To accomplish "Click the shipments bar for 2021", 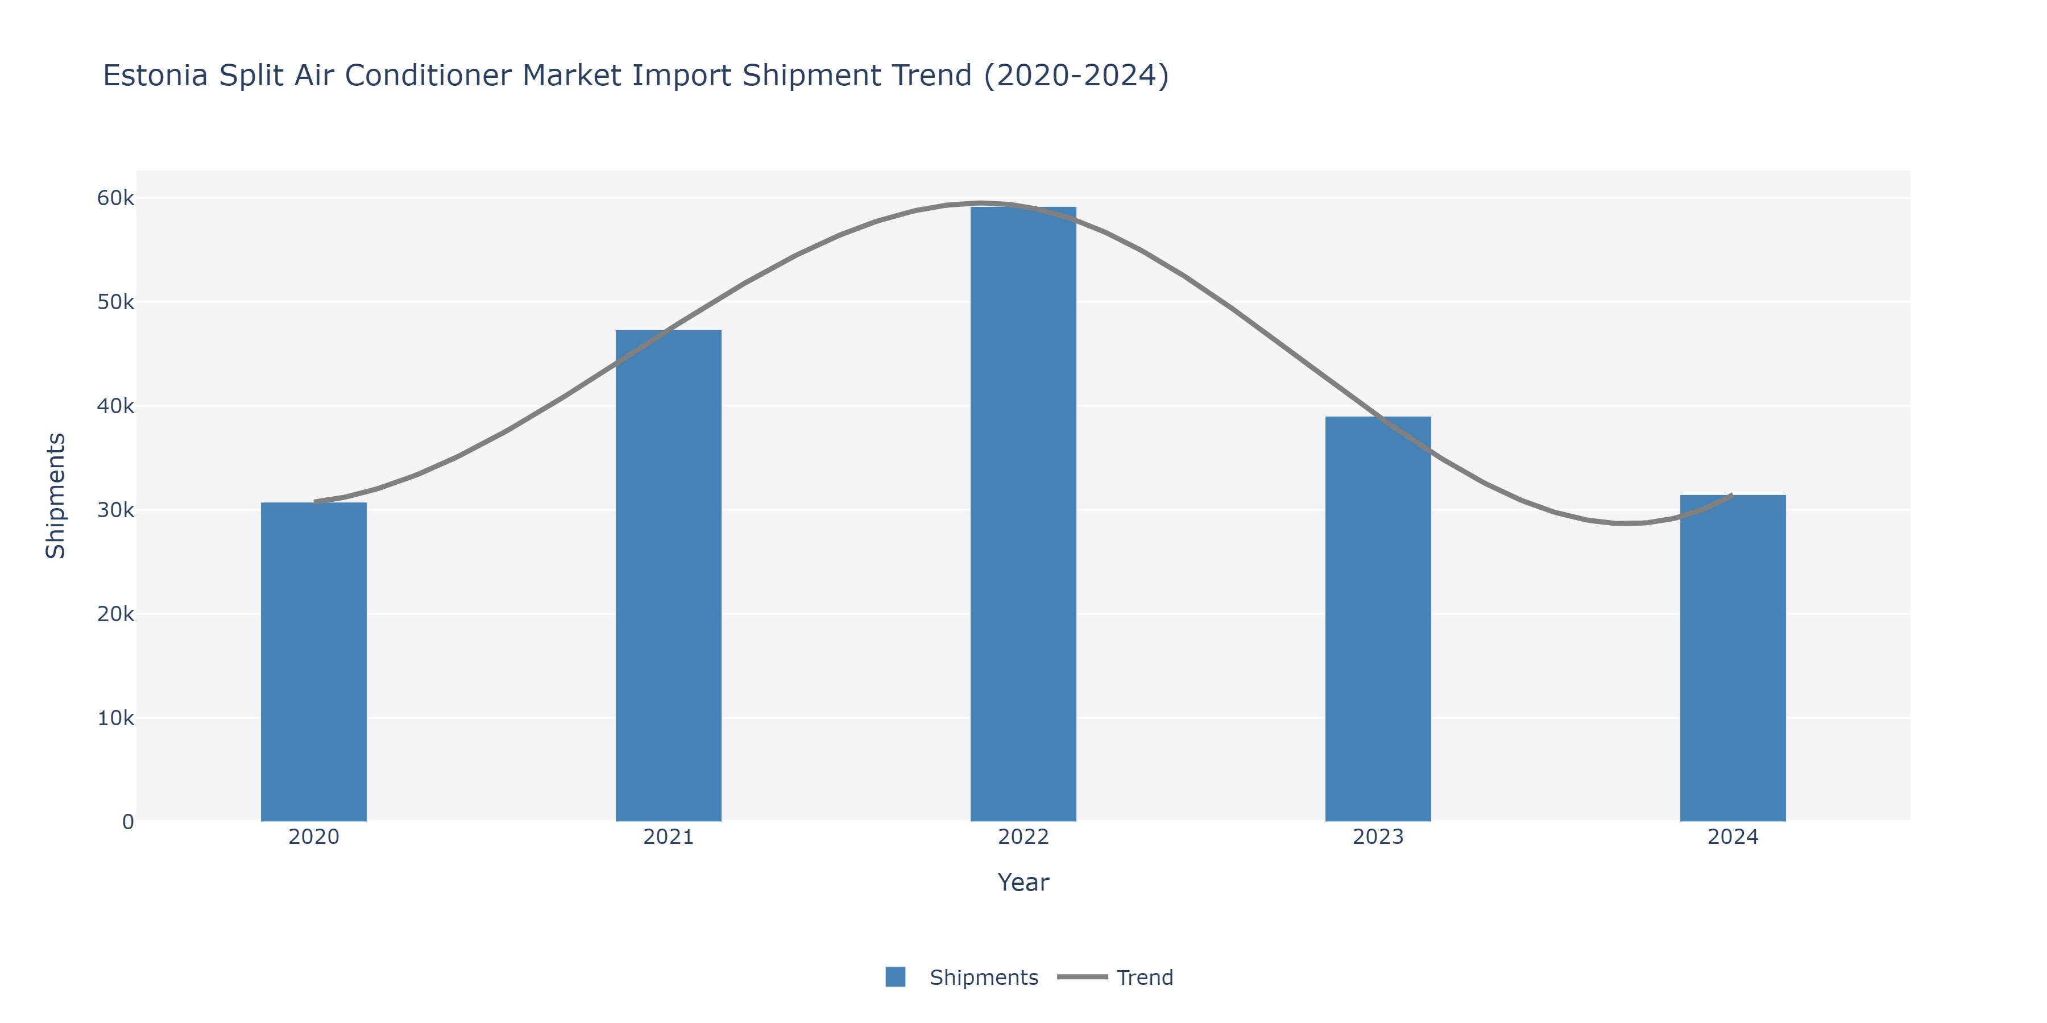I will tap(668, 576).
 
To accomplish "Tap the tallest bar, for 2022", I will tap(1023, 514).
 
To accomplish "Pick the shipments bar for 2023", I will tap(1378, 619).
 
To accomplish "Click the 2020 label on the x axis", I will tap(314, 837).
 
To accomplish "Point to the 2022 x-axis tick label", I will tap(1023, 837).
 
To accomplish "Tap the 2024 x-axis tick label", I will tap(1733, 837).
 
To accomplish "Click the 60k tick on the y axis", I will tap(115, 198).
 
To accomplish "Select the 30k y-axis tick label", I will tap(115, 510).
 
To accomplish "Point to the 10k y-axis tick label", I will tap(115, 718).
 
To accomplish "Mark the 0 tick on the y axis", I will tap(128, 822).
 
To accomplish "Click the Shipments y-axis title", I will tap(56, 496).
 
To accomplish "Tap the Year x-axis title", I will tap(1023, 883).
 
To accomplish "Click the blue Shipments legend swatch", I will tap(896, 977).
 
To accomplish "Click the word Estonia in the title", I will tap(156, 76).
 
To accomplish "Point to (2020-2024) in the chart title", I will tap(1076, 76).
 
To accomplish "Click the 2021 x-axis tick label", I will tap(668, 837).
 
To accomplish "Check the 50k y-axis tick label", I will tap(115, 302).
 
